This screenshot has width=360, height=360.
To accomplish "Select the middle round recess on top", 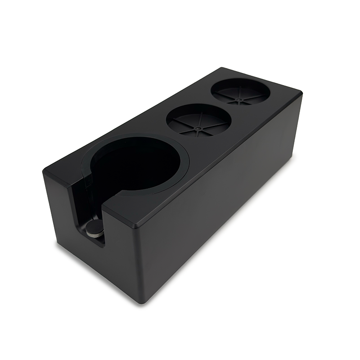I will tap(198, 121).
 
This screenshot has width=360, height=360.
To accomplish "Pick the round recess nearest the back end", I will tap(240, 91).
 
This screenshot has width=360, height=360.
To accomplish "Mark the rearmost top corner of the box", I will tap(224, 68).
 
